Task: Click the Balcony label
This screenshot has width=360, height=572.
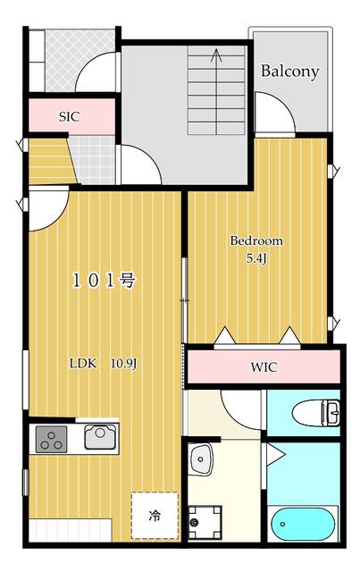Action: [x=289, y=71]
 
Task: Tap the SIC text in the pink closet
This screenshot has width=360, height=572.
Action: [x=70, y=115]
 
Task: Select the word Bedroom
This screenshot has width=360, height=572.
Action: [x=256, y=240]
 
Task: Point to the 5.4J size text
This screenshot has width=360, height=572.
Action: [x=257, y=258]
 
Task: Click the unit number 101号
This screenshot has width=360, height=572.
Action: [x=104, y=281]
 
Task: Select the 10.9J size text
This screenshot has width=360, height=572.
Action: [x=122, y=364]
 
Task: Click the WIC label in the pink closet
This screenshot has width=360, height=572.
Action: [x=264, y=367]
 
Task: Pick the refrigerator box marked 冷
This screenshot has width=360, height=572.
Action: [x=154, y=515]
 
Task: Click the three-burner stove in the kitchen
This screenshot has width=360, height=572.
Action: [x=51, y=439]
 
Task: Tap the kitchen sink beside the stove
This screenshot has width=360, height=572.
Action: [x=98, y=437]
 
